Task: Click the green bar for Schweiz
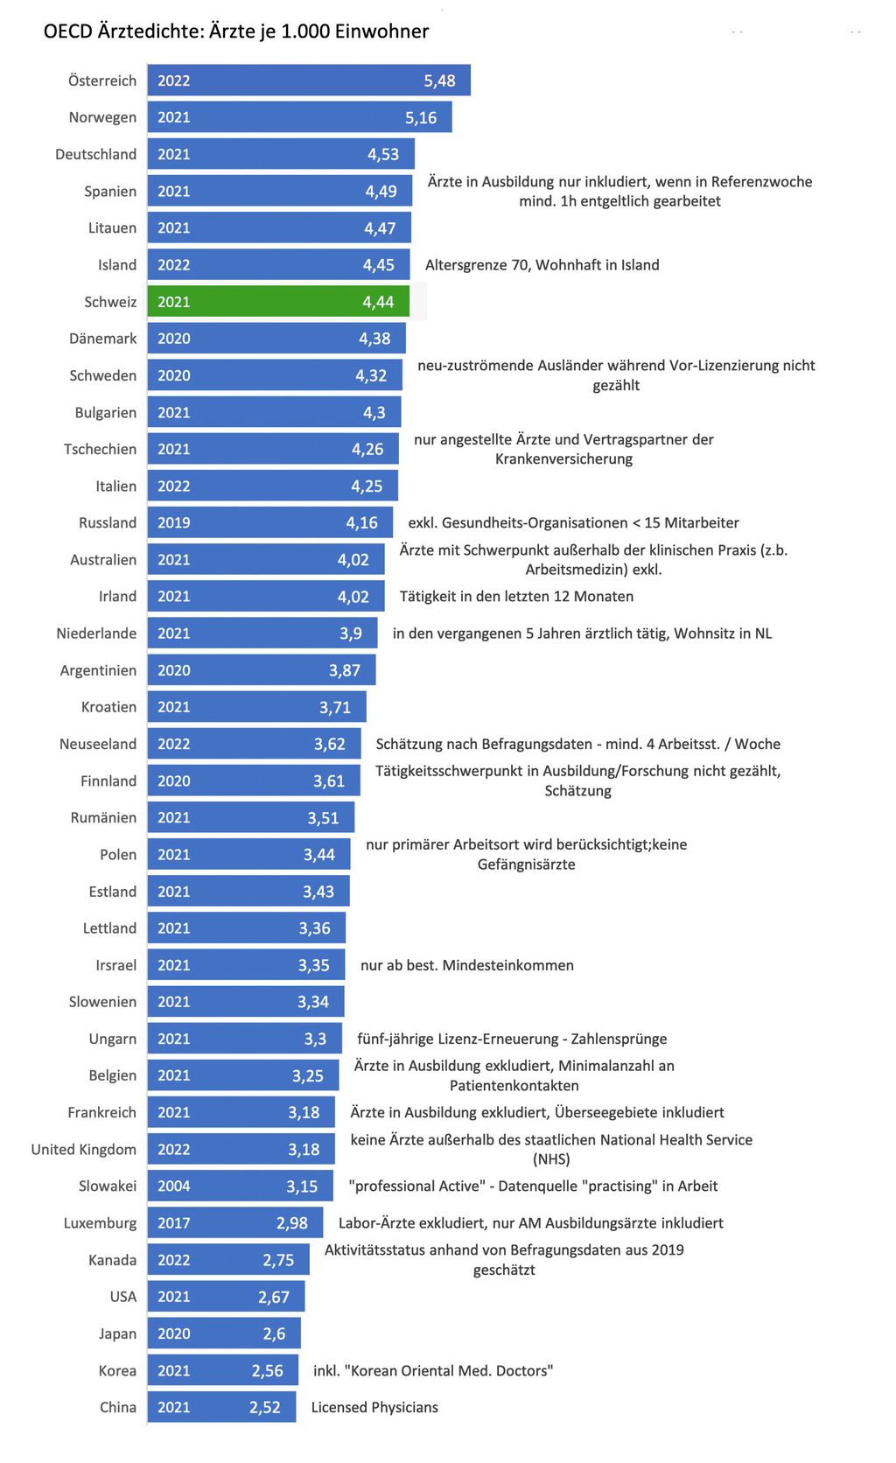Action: click(x=277, y=302)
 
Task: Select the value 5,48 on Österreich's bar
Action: click(x=439, y=80)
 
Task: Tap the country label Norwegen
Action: click(x=102, y=117)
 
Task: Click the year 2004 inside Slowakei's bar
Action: click(x=173, y=1186)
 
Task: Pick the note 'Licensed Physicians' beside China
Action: click(x=374, y=1407)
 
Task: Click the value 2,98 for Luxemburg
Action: click(x=291, y=1223)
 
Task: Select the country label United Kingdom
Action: click(x=84, y=1149)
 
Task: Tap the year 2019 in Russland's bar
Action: click(x=173, y=522)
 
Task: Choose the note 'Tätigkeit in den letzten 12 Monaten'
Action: click(x=516, y=596)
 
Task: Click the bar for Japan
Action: click(x=223, y=1333)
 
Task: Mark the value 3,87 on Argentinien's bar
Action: click(x=344, y=670)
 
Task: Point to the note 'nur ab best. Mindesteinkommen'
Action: click(x=467, y=965)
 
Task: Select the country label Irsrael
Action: click(x=115, y=965)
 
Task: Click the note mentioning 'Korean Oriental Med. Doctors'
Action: click(x=433, y=1370)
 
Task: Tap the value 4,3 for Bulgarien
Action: click(x=374, y=412)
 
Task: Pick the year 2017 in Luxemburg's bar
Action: click(x=173, y=1223)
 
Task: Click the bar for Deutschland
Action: click(x=280, y=154)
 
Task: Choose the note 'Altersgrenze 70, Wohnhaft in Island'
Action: click(x=542, y=264)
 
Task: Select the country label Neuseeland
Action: click(x=98, y=744)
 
